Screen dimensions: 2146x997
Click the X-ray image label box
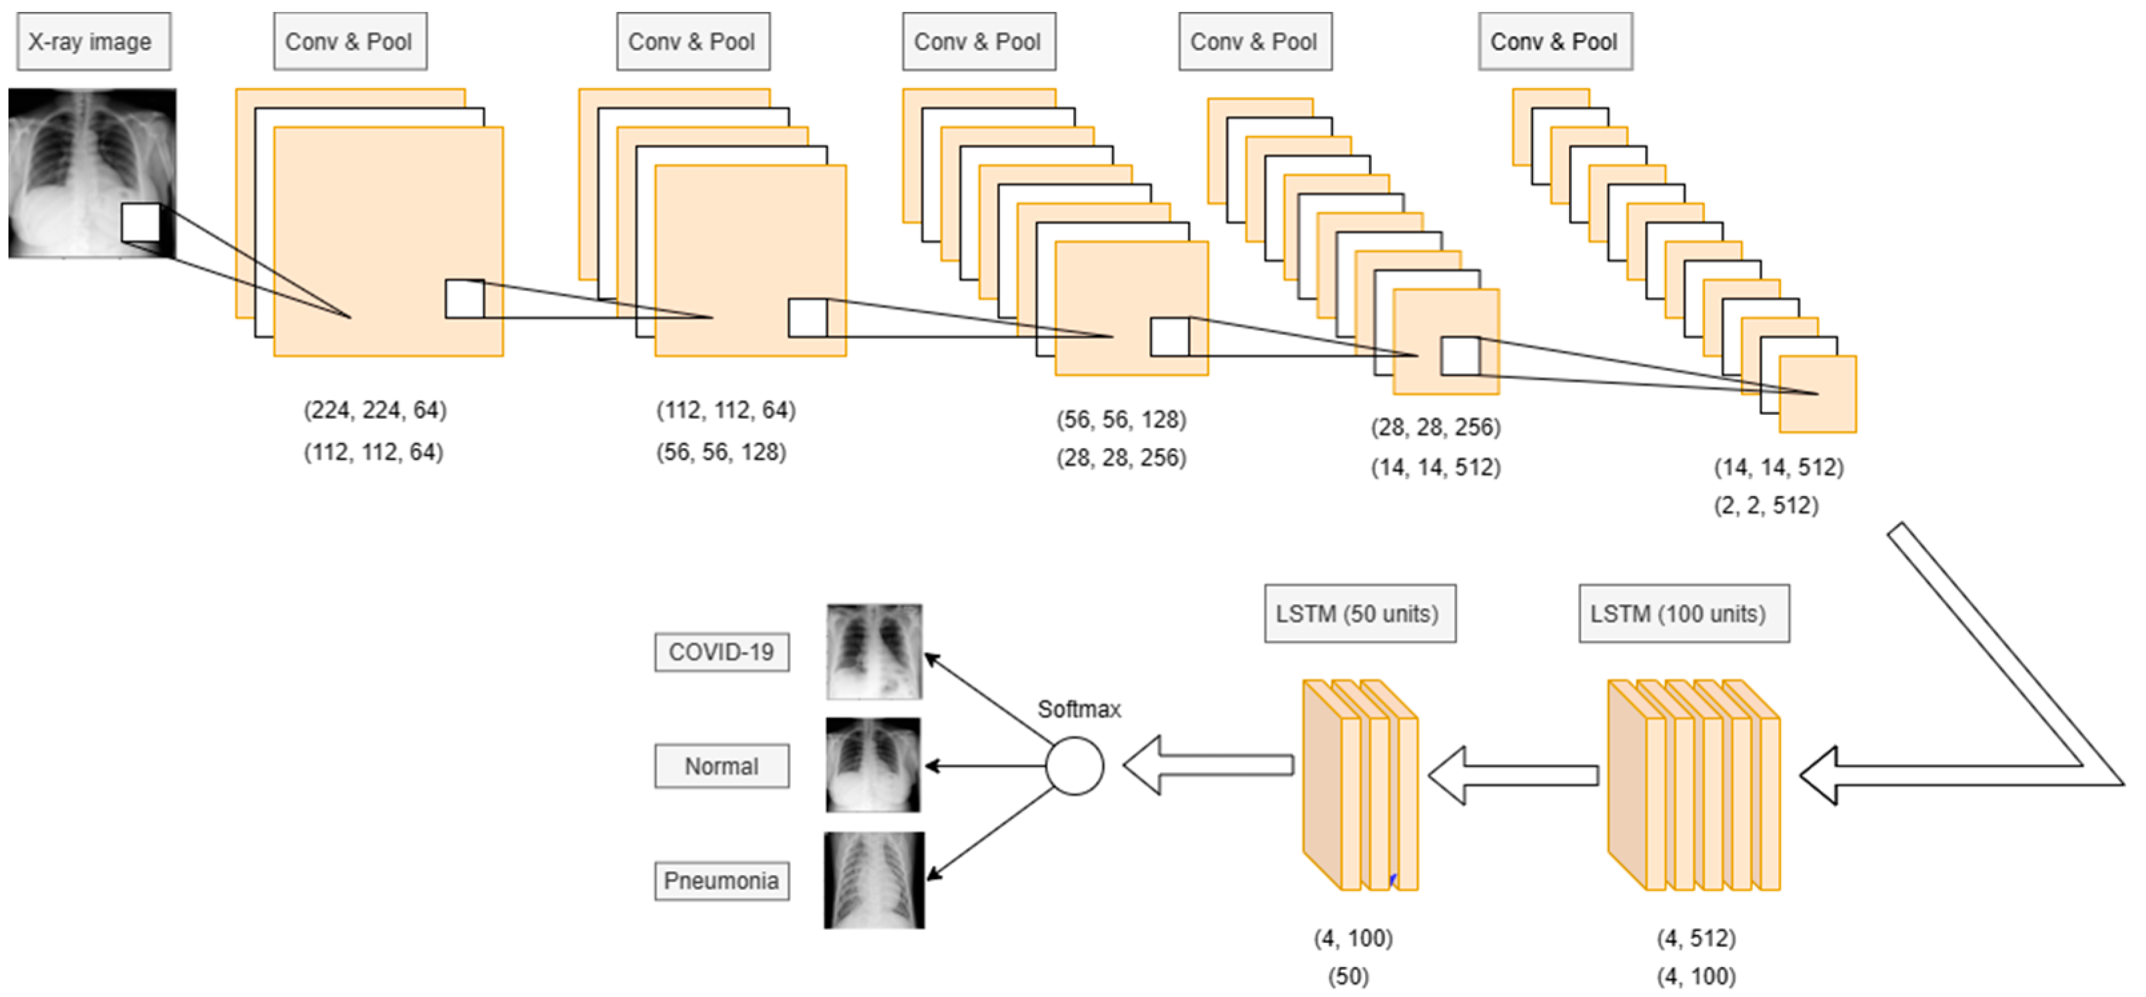point(93,42)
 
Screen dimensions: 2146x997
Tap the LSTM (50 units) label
point(1360,614)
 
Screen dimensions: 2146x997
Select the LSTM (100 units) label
point(1684,614)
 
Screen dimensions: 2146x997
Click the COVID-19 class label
point(722,652)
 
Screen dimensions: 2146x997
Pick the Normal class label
point(722,767)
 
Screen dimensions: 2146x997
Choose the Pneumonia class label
point(722,880)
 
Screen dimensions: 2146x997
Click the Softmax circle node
point(1075,765)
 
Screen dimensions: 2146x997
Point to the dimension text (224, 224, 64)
point(375,410)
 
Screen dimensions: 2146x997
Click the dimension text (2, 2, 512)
point(1766,505)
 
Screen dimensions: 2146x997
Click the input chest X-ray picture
point(92,172)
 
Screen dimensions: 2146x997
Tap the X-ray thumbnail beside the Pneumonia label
point(874,880)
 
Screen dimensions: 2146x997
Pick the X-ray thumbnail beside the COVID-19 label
point(874,651)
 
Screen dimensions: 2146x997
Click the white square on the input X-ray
point(141,222)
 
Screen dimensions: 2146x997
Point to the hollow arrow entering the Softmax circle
point(1208,765)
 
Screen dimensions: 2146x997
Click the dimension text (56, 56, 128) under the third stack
point(1121,419)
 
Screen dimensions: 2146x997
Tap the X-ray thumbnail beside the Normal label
point(873,765)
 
